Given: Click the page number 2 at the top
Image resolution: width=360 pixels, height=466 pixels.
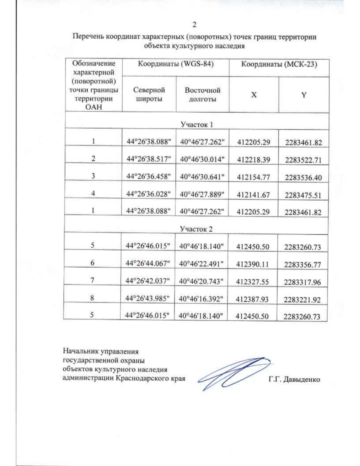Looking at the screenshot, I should click(194, 25).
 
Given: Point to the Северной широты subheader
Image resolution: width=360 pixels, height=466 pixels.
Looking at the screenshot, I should click(149, 94).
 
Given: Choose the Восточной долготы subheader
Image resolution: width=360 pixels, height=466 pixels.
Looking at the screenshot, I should click(202, 95).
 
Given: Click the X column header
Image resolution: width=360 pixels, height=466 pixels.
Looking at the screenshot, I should click(254, 95).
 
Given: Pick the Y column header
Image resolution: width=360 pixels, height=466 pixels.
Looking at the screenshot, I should click(304, 95).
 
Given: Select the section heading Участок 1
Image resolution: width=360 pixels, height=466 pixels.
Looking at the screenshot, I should click(196, 124).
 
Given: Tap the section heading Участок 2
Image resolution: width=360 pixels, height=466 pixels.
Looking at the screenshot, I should click(196, 229).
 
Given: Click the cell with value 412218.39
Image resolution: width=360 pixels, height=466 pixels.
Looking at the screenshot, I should click(253, 160).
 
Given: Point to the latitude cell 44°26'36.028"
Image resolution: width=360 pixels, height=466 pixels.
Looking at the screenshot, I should click(148, 194).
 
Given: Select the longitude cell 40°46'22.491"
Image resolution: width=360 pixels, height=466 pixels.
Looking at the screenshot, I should click(201, 264).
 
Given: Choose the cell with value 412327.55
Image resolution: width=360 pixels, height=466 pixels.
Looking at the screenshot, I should click(252, 282).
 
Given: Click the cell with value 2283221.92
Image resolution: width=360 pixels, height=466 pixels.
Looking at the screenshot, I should click(302, 299).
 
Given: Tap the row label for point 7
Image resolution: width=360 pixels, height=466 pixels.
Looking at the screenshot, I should click(92, 280).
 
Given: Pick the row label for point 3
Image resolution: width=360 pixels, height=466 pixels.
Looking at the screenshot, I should click(93, 176).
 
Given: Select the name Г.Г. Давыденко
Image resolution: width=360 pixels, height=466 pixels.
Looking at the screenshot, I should click(294, 380).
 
